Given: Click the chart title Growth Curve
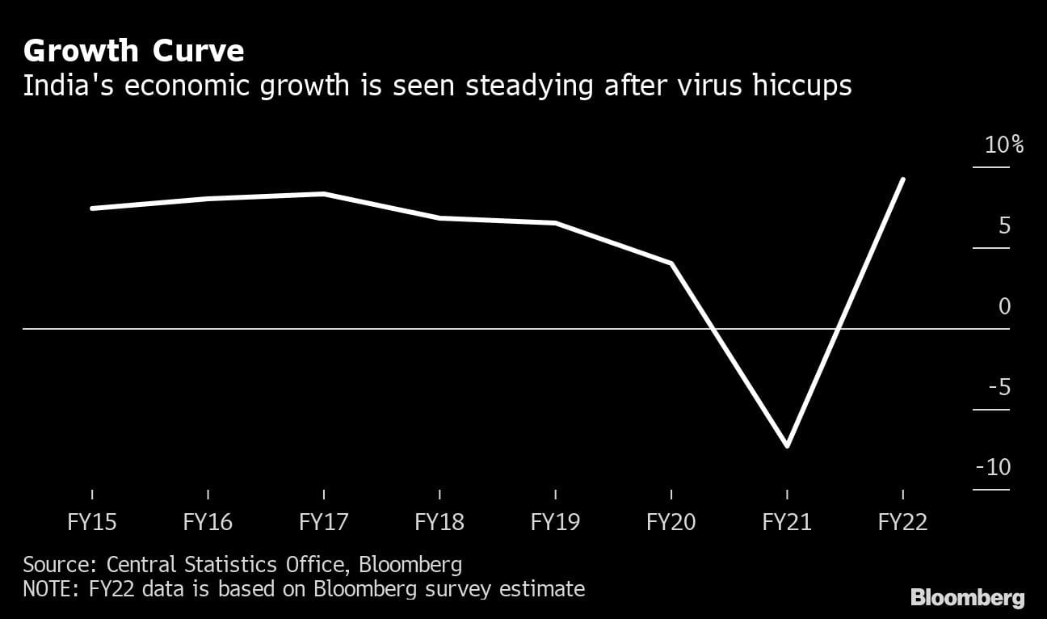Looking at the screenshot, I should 133,52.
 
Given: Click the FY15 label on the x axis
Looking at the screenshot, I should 92,522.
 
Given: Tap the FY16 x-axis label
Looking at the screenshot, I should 208,522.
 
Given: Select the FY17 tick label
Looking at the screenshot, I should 323,522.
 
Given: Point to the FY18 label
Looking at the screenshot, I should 439,522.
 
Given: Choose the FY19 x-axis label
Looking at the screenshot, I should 555,522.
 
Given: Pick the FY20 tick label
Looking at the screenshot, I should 671,522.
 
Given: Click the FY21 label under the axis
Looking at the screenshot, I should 787,522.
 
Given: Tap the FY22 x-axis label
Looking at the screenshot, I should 902,522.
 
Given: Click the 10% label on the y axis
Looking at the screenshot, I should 1004,145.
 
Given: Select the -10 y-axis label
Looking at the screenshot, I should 994,468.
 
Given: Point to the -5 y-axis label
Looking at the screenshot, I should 999,387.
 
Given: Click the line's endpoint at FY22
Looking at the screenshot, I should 902,179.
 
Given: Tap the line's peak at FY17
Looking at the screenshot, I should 323,194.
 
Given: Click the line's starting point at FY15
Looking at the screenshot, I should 92,208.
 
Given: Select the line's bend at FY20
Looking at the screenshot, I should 671,263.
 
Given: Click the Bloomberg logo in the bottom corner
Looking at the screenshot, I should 968,598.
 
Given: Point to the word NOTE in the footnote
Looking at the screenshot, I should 48,588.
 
